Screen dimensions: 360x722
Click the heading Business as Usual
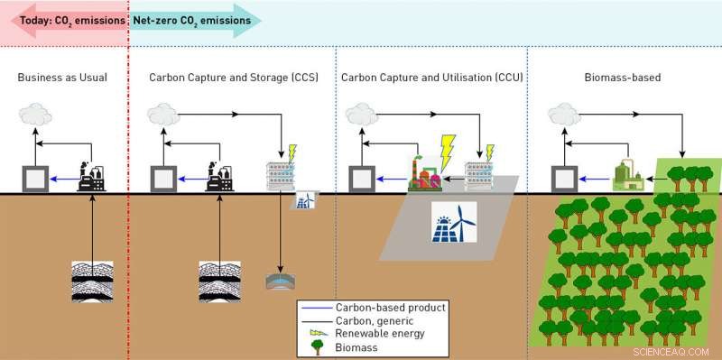tap(62, 78)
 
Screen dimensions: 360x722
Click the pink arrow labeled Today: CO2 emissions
tap(64, 18)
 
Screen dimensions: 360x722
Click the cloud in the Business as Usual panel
tap(36, 115)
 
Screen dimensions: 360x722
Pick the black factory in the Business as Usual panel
tap(93, 176)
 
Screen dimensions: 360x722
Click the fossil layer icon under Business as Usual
tap(92, 281)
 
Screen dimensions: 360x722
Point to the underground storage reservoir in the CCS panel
tap(281, 282)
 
